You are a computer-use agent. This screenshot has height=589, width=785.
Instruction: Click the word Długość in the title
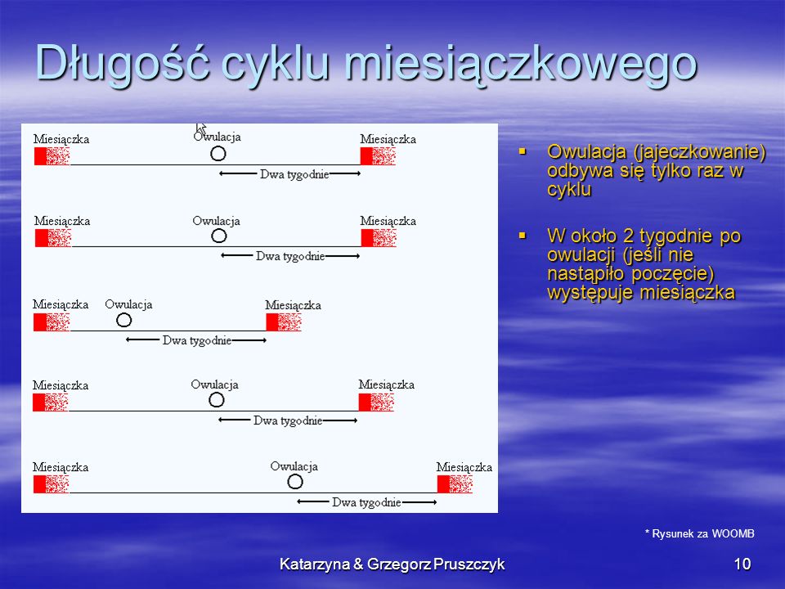(x=122, y=64)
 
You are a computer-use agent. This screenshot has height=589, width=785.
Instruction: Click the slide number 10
(x=742, y=564)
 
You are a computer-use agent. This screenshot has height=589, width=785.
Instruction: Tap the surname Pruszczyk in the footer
(x=469, y=564)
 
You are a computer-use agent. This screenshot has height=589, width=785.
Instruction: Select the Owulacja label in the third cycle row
(x=128, y=304)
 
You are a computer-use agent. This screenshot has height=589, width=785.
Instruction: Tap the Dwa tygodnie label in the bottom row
(x=366, y=502)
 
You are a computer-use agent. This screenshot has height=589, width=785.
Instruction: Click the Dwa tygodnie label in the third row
(x=197, y=340)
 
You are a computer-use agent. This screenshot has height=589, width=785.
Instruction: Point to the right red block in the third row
(x=271, y=322)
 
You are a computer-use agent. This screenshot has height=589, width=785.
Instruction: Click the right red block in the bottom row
(x=443, y=484)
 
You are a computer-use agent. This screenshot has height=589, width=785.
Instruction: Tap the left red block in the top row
(x=40, y=156)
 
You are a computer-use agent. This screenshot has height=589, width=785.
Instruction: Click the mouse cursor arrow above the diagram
(x=200, y=128)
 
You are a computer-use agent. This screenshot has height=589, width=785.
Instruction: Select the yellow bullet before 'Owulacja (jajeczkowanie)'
(x=523, y=151)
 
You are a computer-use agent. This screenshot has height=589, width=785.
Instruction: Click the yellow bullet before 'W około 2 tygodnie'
(x=523, y=236)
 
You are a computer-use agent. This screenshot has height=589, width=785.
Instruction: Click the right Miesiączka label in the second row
(x=388, y=221)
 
